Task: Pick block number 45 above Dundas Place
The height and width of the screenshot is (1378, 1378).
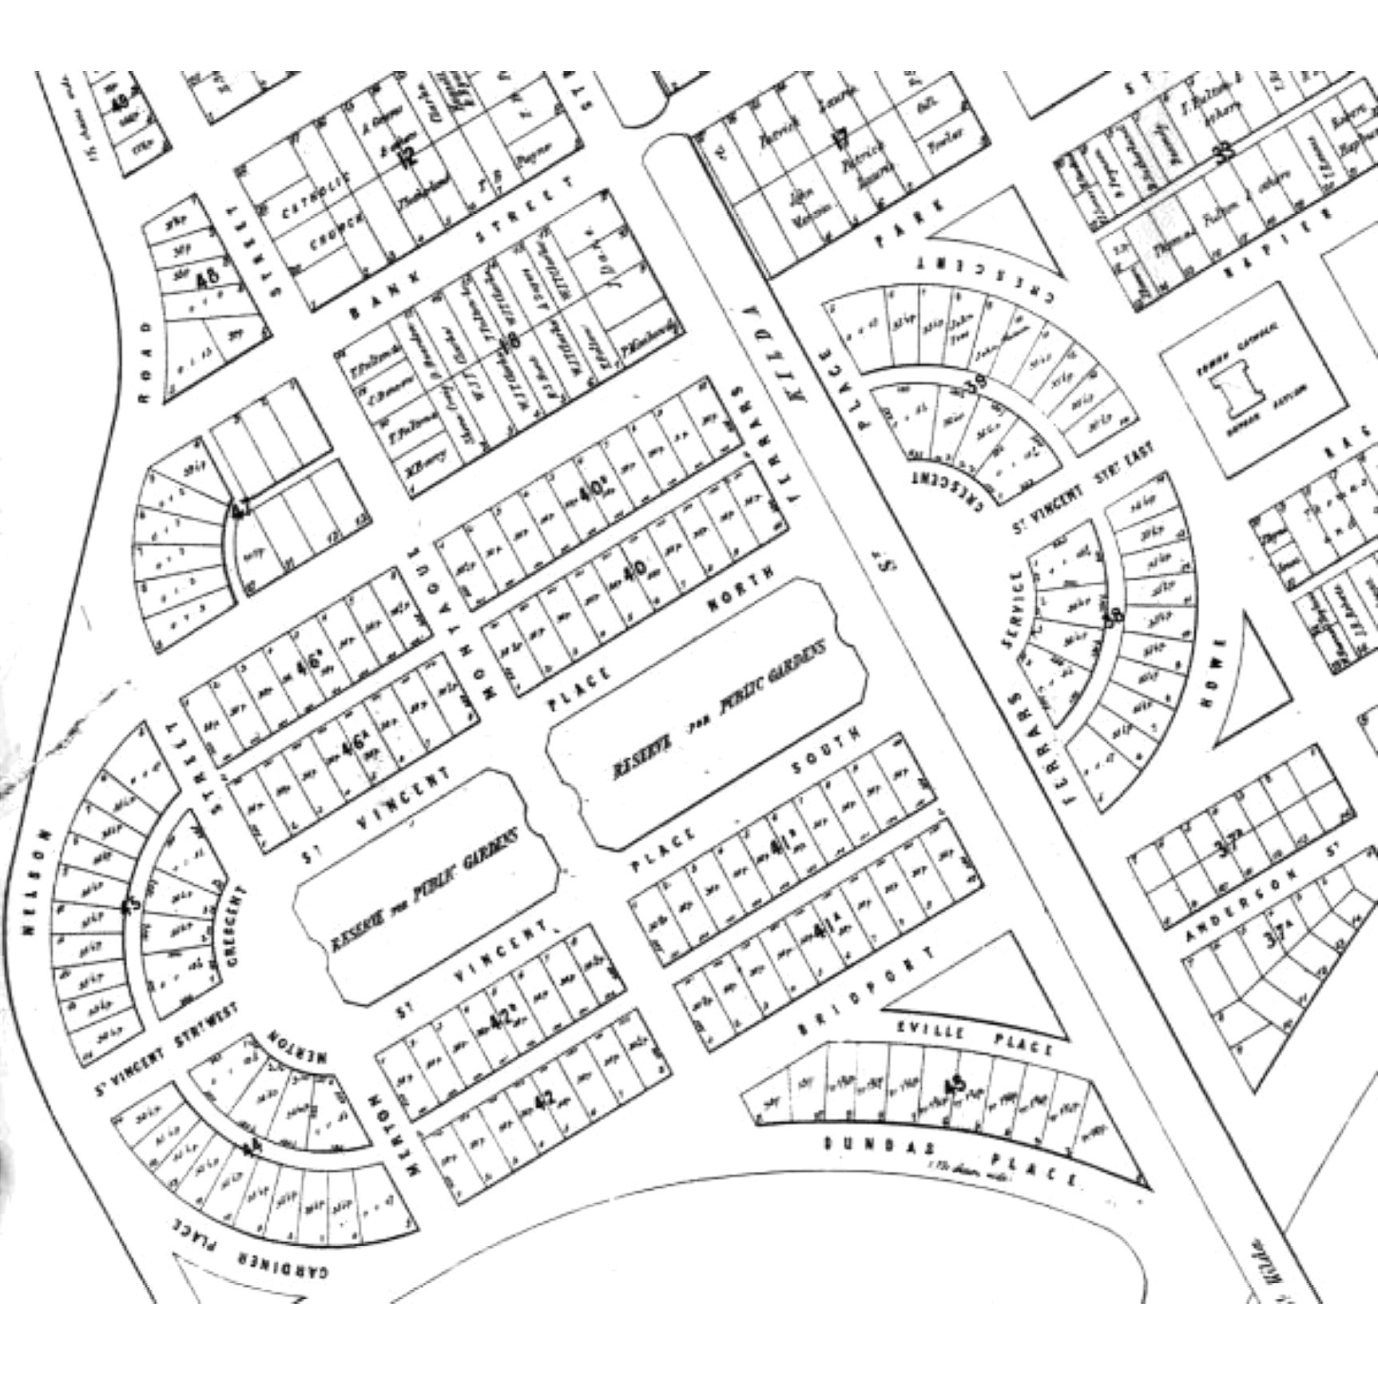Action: [955, 1086]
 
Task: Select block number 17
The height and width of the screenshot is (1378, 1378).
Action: [840, 139]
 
